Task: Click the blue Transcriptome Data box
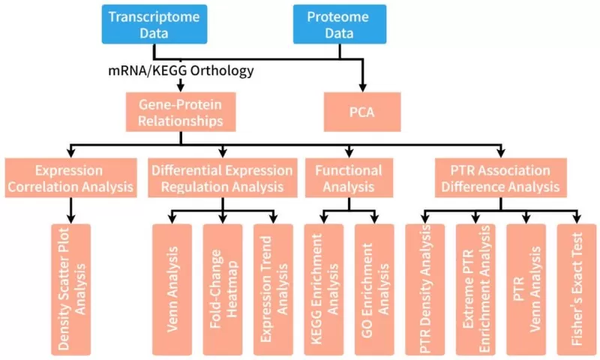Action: click(x=154, y=24)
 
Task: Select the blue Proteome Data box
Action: click(x=338, y=24)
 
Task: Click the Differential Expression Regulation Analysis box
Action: click(x=222, y=178)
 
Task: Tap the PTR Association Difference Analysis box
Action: click(x=500, y=178)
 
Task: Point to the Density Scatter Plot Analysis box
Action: click(x=72, y=289)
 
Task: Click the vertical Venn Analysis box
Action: click(x=171, y=289)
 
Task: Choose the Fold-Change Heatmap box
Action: click(x=222, y=289)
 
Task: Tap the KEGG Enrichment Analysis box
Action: click(x=323, y=289)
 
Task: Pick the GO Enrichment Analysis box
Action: click(x=374, y=289)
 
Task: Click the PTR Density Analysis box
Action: click(x=424, y=289)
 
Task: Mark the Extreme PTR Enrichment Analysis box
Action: click(x=475, y=289)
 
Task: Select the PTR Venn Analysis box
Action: click(x=526, y=289)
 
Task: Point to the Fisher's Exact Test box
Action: click(x=576, y=289)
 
